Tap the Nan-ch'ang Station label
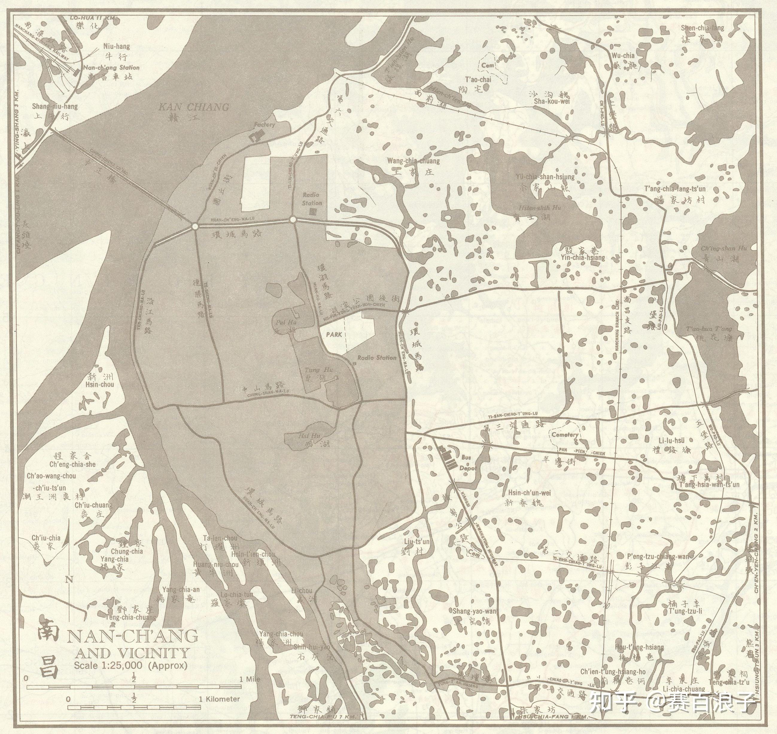pos(112,67)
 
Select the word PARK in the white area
pos(334,335)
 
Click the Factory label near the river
pos(264,125)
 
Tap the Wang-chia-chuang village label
pos(413,161)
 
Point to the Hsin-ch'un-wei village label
pos(529,493)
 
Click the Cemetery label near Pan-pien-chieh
pos(565,435)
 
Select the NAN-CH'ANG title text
pos(132,636)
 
